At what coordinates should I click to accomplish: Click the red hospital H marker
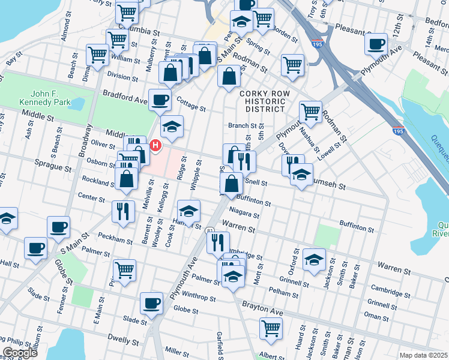click(x=156, y=145)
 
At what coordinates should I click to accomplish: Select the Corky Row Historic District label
click(x=262, y=101)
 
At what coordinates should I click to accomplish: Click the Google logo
click(x=20, y=353)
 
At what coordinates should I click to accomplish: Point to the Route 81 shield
click(x=209, y=230)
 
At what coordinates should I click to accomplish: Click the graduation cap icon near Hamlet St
click(x=188, y=211)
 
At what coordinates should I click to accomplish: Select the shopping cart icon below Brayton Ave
click(x=271, y=328)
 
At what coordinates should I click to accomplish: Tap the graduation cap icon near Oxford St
click(x=314, y=259)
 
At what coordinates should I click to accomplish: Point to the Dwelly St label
click(x=124, y=340)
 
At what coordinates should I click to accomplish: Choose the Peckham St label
click(x=115, y=238)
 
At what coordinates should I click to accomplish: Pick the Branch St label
click(x=243, y=125)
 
